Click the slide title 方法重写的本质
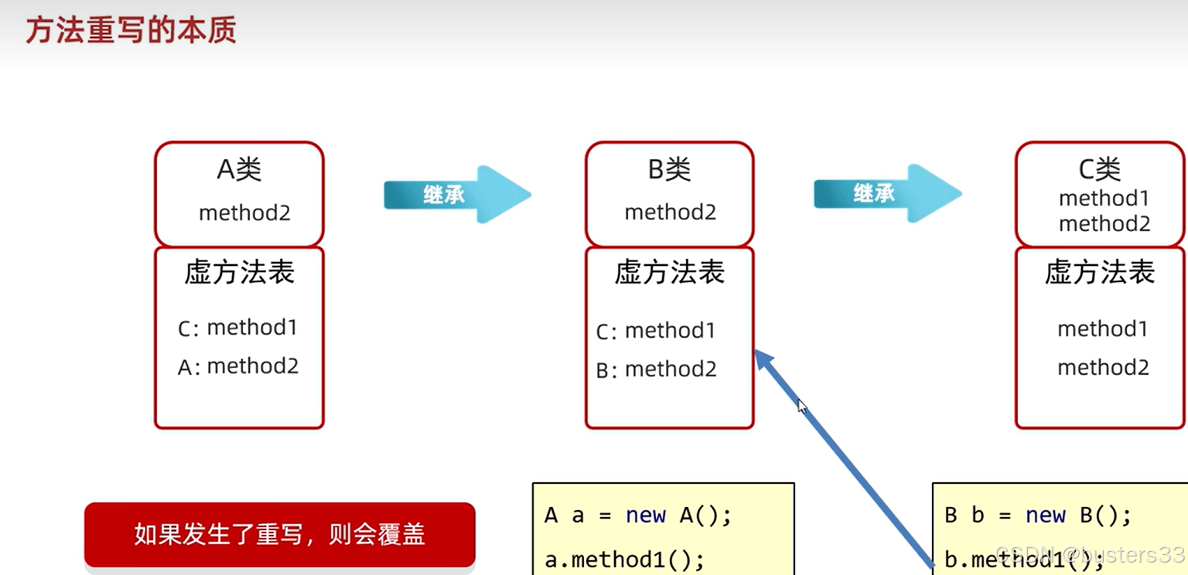(x=131, y=31)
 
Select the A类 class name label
(x=239, y=169)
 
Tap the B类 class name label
(x=669, y=169)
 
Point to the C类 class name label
(x=1099, y=168)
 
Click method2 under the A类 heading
(x=244, y=213)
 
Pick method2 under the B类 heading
(x=671, y=212)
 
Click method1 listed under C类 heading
(x=1104, y=198)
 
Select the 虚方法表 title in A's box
(x=239, y=272)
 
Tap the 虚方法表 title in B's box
(x=669, y=272)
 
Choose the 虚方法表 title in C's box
(x=1099, y=272)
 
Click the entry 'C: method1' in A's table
(x=237, y=328)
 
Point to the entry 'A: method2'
(x=237, y=366)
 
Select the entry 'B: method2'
(x=656, y=369)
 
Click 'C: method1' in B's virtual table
(x=656, y=331)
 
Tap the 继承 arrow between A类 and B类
(x=456, y=195)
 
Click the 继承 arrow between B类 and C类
(x=886, y=194)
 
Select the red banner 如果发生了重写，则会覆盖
(x=279, y=535)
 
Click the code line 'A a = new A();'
(x=638, y=515)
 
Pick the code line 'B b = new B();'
(x=1038, y=515)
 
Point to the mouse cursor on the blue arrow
(x=802, y=406)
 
